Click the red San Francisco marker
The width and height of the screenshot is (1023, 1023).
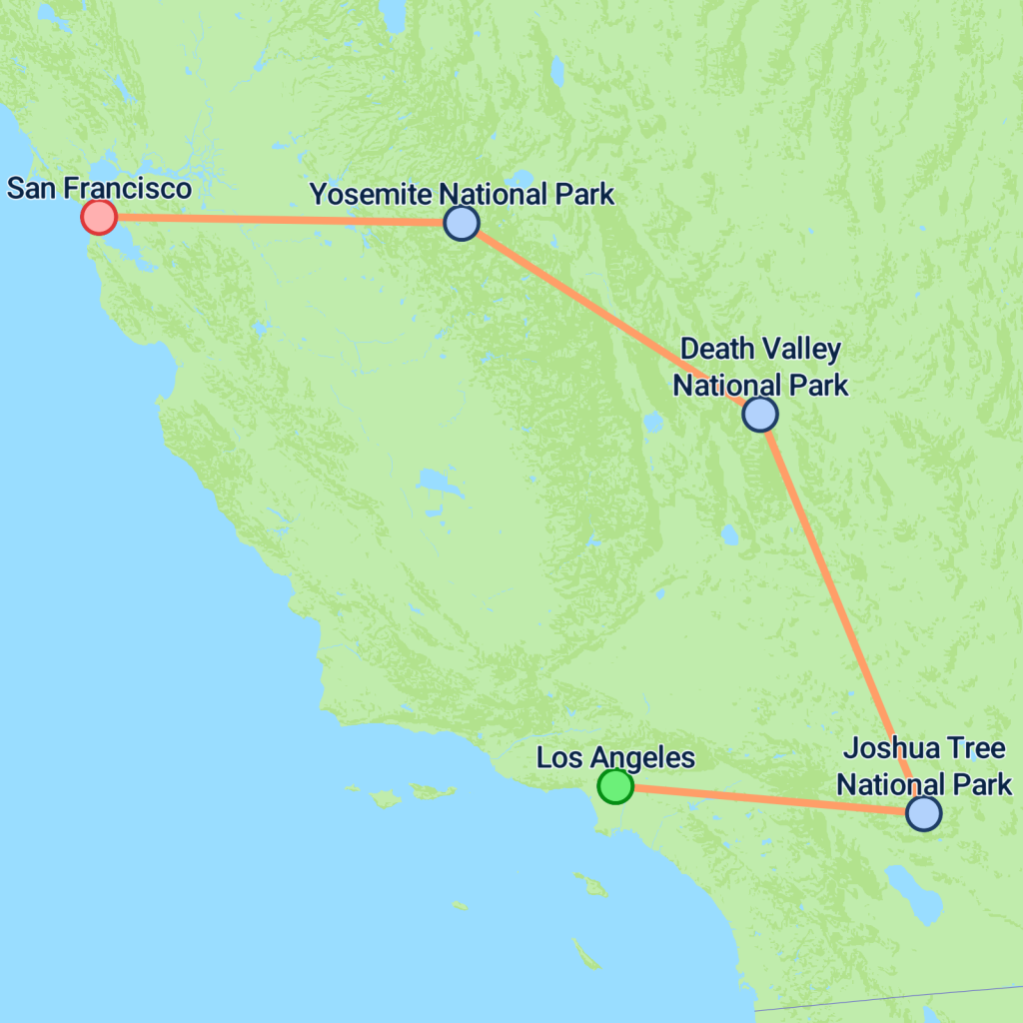point(99,217)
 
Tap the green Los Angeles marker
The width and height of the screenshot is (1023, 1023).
point(615,786)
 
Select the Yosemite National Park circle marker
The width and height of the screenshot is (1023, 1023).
point(461,223)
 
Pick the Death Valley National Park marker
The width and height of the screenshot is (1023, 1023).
point(760,414)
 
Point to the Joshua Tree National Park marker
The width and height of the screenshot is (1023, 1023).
point(923,813)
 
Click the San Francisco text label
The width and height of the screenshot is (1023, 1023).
point(99,188)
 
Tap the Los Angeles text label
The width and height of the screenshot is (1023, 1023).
point(615,757)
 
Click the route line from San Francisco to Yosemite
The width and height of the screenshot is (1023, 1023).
point(280,220)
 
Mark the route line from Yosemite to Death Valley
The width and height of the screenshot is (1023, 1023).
point(609,318)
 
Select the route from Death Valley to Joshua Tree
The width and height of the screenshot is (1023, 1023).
point(841,612)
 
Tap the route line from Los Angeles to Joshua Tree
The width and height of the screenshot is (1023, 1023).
point(769,799)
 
